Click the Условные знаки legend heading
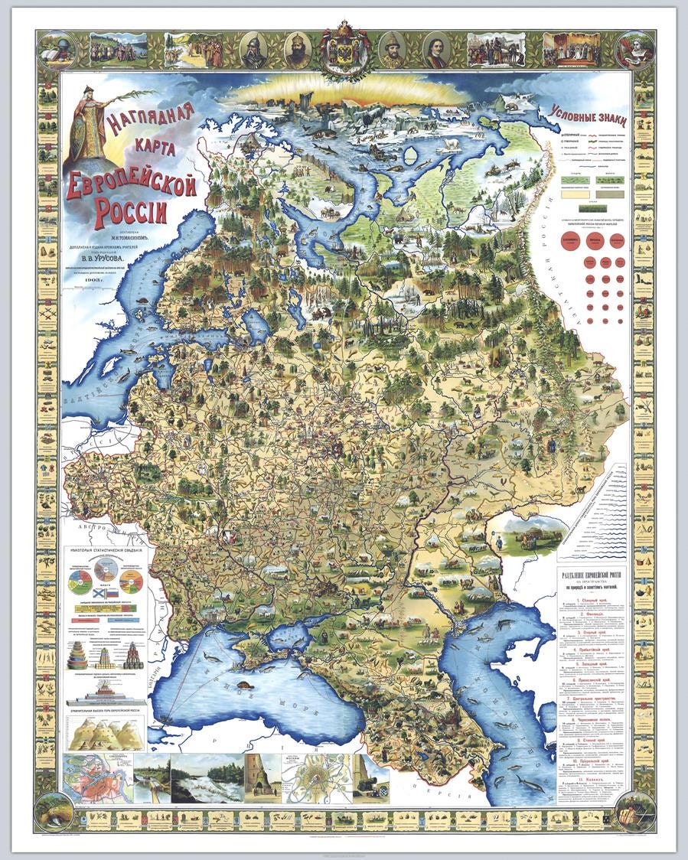point(588,118)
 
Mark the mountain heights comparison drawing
point(104,734)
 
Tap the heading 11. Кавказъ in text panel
point(593,772)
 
